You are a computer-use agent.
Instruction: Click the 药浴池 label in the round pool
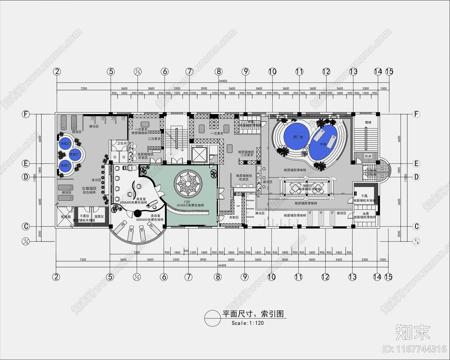(298, 137)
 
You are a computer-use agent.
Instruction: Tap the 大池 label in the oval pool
(323, 144)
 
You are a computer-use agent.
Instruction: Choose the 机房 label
(368, 156)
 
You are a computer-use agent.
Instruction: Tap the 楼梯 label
(368, 122)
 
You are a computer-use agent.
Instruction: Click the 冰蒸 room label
(365, 214)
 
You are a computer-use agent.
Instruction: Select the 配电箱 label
(66, 217)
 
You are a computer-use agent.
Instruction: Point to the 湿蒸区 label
(99, 216)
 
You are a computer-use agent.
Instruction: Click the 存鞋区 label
(234, 218)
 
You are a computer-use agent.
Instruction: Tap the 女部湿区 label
(89, 188)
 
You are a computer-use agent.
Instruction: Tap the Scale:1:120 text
(247, 323)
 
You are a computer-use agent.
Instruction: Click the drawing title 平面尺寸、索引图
(253, 314)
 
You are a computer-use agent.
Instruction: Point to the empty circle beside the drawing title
(213, 318)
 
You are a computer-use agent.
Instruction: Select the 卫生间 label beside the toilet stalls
(122, 143)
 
